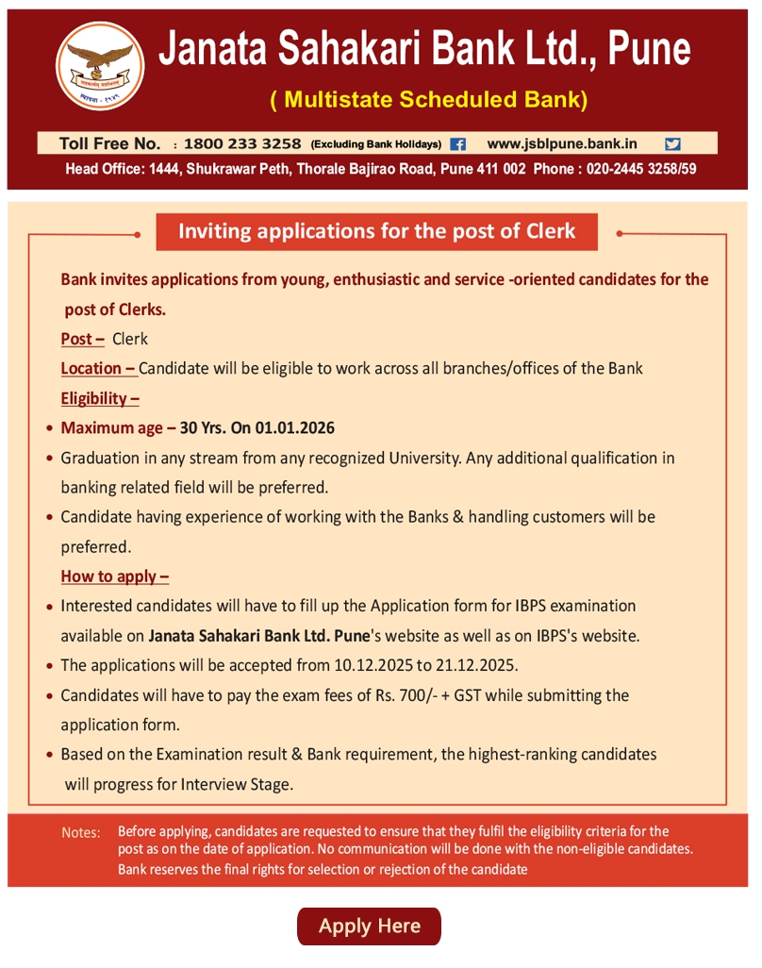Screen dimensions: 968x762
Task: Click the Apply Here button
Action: point(369,926)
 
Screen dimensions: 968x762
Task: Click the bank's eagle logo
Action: point(100,64)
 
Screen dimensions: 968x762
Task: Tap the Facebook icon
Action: point(458,144)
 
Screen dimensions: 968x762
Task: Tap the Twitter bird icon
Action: point(672,144)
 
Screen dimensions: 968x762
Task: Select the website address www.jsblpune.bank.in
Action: point(562,144)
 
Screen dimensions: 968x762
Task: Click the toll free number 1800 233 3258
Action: point(242,144)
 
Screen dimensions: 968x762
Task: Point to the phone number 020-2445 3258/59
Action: point(641,170)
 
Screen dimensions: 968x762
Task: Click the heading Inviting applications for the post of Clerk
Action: point(376,231)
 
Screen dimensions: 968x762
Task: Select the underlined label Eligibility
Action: point(100,397)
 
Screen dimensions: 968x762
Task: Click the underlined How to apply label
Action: point(115,576)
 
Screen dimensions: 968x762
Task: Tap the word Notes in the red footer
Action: point(80,833)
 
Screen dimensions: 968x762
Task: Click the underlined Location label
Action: point(98,368)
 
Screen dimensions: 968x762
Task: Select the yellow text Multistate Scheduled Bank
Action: point(429,100)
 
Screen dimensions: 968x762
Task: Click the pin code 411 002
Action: point(495,170)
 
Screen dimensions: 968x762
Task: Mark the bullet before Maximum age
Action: point(49,428)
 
